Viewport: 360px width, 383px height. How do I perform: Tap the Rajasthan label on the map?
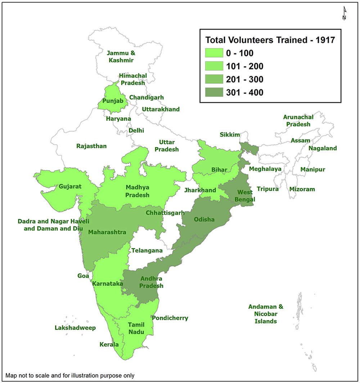point(91,146)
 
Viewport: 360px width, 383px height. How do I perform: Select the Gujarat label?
point(71,187)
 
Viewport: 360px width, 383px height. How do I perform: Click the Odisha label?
point(204,219)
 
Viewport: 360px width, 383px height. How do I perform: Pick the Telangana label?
point(147,250)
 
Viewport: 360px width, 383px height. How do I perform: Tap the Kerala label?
point(109,344)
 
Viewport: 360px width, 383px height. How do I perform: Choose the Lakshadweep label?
point(75,328)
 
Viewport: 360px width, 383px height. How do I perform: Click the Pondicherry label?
point(170,318)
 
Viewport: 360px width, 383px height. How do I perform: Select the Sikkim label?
point(230,135)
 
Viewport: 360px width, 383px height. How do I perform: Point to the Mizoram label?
point(302,189)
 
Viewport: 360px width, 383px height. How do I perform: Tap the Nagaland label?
point(323,148)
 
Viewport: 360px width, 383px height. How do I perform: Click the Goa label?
point(83,276)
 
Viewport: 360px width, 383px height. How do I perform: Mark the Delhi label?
point(136,130)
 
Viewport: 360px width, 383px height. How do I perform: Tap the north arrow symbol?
point(344,14)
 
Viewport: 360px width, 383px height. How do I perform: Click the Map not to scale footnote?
point(70,375)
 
